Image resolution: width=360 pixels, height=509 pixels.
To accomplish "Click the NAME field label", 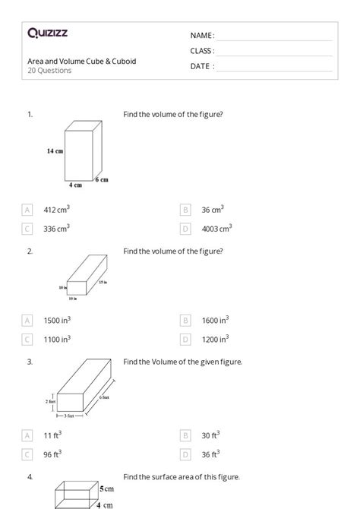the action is (202, 36).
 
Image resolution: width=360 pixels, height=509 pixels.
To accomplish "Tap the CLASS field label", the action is (202, 51).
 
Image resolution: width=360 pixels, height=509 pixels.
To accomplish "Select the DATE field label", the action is (202, 66).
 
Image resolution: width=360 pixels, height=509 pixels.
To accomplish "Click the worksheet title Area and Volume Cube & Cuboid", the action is (82, 61).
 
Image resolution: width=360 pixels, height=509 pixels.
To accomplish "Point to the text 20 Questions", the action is (49, 71).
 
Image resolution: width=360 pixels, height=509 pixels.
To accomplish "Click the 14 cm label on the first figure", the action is (54, 151).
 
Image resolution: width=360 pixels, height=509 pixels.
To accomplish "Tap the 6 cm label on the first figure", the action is (102, 180).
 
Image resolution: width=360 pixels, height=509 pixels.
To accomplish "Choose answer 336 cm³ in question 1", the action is (57, 228).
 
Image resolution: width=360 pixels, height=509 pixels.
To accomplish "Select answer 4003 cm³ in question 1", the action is (216, 228).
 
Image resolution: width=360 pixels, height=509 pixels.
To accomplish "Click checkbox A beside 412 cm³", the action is (28, 209).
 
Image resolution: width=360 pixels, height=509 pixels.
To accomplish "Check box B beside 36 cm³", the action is (185, 209).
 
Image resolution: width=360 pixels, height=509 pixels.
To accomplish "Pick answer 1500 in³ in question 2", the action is (58, 321).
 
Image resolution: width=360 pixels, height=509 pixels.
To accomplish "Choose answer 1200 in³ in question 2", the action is (215, 340).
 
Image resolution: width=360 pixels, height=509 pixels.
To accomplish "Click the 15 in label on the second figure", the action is (103, 282).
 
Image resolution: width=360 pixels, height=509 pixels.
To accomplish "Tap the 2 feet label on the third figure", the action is (52, 400).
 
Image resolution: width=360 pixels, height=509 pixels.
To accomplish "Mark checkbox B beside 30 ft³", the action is (185, 435).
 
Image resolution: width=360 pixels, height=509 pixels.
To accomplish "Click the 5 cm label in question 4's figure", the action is (106, 490).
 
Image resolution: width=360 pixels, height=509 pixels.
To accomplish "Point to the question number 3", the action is (30, 362).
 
